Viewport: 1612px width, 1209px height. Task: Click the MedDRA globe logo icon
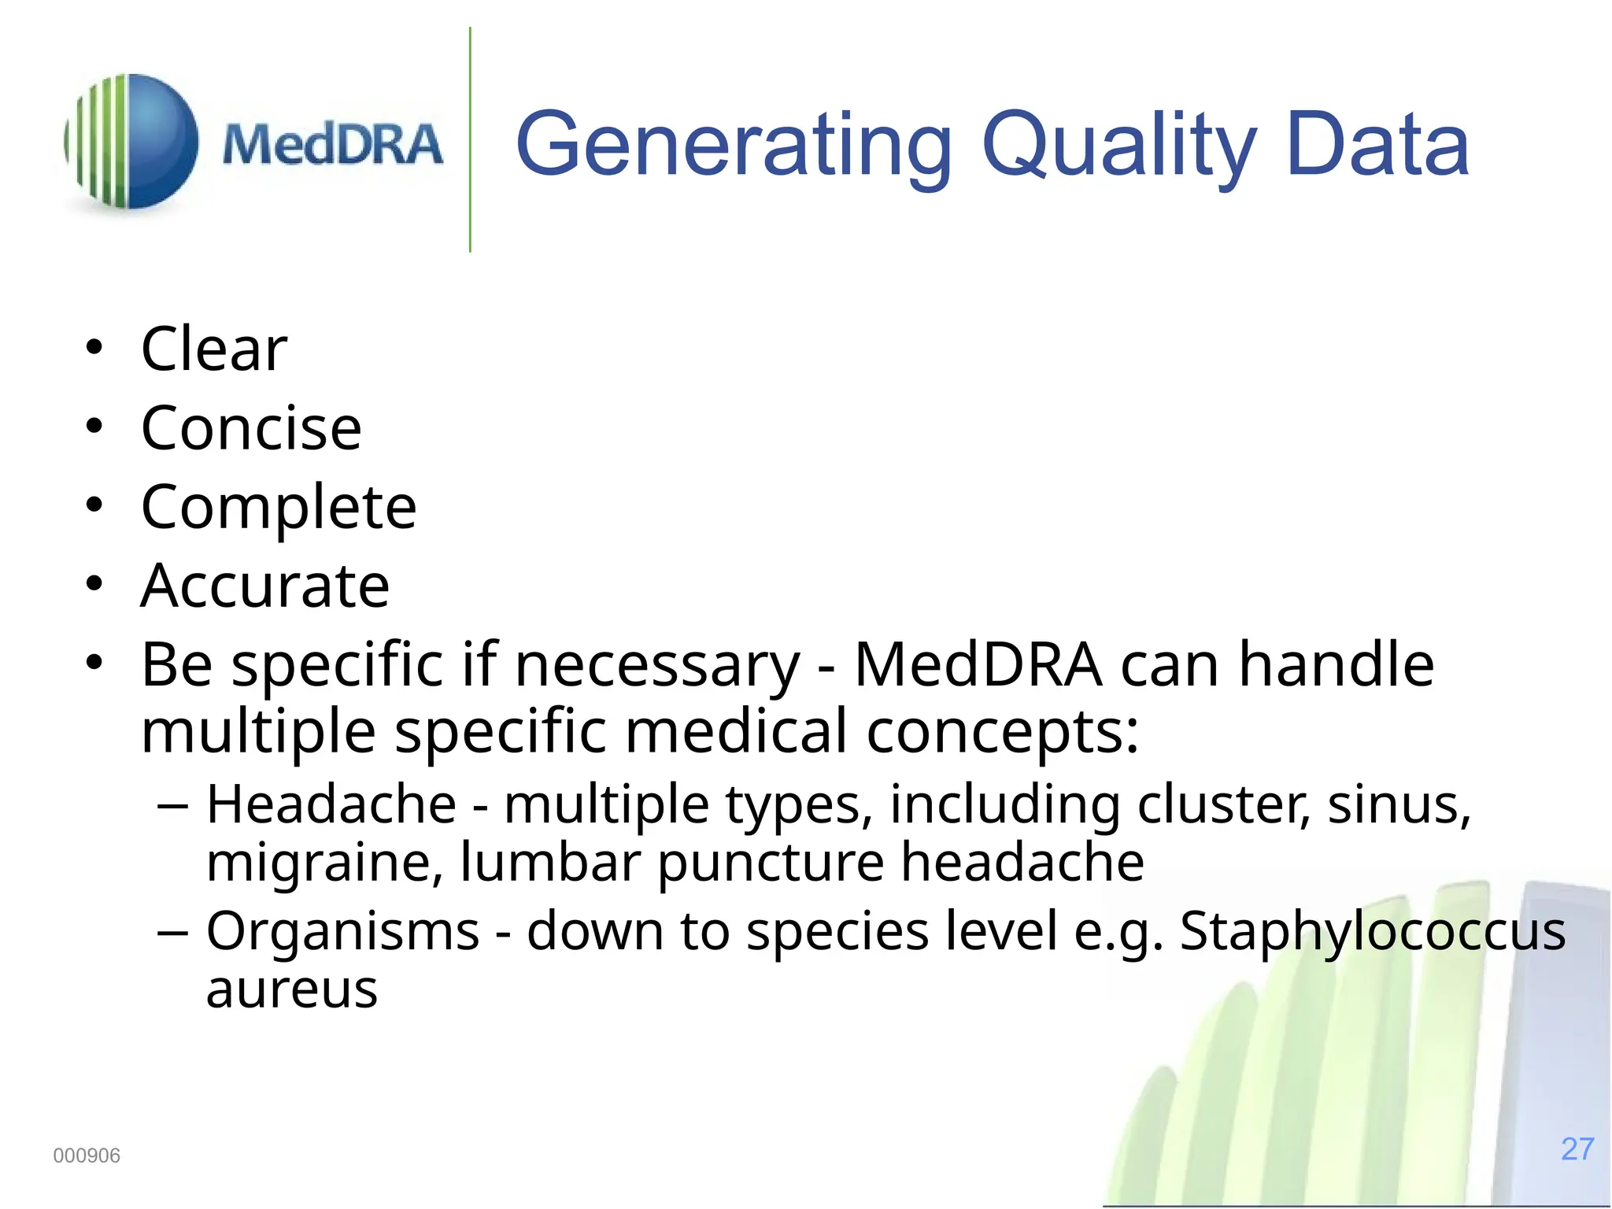pyautogui.click(x=131, y=142)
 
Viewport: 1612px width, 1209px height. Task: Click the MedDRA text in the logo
pyautogui.click(x=332, y=145)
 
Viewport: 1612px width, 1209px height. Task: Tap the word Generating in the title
pyautogui.click(x=733, y=146)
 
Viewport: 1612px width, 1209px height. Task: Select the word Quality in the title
pyautogui.click(x=1118, y=146)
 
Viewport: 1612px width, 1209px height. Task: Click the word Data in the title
pyautogui.click(x=1377, y=145)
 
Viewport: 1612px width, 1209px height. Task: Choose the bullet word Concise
pyautogui.click(x=251, y=428)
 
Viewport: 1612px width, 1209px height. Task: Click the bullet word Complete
pyautogui.click(x=279, y=507)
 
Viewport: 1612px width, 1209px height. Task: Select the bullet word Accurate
pyautogui.click(x=265, y=586)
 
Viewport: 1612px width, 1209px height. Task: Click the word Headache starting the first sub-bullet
pyautogui.click(x=331, y=804)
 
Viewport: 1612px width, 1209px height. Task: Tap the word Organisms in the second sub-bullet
pyautogui.click(x=342, y=931)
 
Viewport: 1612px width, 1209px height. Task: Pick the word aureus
pyautogui.click(x=292, y=989)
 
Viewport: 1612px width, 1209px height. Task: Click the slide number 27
pyautogui.click(x=1577, y=1149)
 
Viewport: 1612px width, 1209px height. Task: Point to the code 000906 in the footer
pyautogui.click(x=87, y=1155)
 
